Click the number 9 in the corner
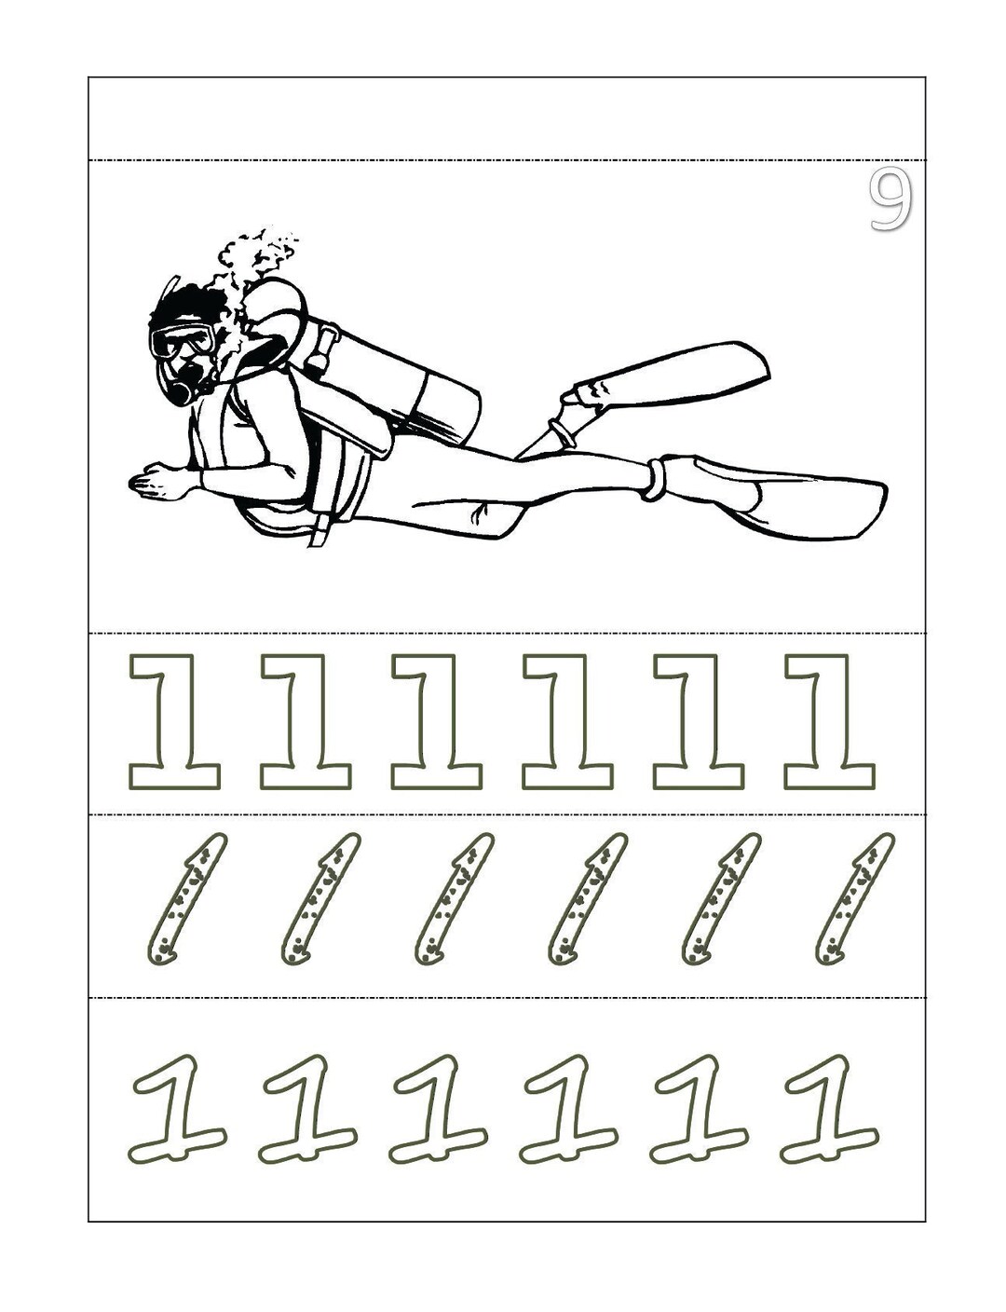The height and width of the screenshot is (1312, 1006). [890, 198]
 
